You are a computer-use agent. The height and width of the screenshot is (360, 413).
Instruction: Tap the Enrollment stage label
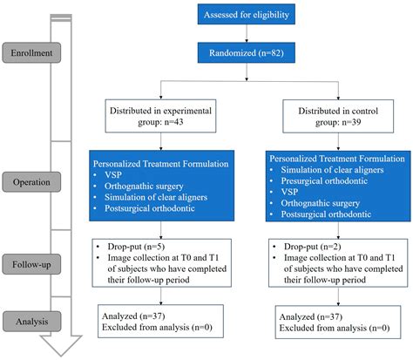(31, 54)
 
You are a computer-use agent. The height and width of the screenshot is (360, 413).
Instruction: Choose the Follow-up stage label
(31, 261)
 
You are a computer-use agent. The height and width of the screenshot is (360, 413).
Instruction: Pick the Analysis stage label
(31, 320)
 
